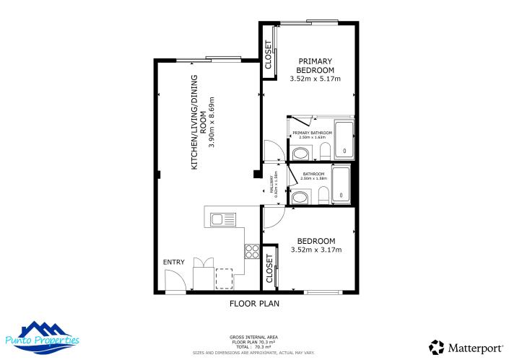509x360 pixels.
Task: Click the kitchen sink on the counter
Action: [x=221, y=218]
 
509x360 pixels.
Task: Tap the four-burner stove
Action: [x=253, y=251]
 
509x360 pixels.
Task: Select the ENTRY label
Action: [x=174, y=262]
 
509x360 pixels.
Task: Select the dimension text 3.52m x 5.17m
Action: [x=314, y=79]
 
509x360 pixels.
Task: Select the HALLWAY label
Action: [x=273, y=185]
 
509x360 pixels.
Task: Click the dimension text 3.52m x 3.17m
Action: [x=316, y=250]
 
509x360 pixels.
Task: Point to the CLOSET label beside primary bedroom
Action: [x=269, y=55]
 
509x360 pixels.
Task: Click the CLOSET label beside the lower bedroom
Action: [x=269, y=268]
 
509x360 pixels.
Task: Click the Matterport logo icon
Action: [x=436, y=347]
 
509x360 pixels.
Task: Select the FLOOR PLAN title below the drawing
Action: [x=254, y=304]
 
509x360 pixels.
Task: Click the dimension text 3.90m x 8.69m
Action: [x=213, y=122]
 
